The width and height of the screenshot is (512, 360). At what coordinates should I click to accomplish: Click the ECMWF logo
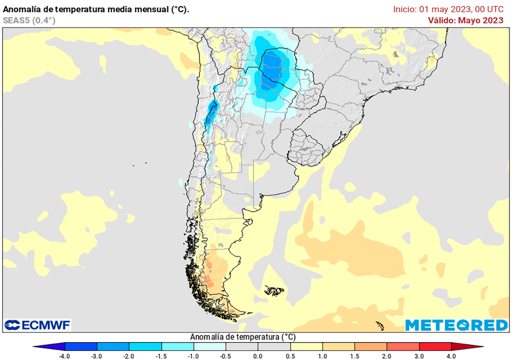37,325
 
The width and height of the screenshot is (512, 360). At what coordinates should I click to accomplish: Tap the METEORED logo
456,325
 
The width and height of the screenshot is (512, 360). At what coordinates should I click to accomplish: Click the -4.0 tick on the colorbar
65,355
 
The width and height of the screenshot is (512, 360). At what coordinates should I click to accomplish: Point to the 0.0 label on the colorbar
257,355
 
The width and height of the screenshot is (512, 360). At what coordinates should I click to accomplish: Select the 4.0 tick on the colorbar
451,355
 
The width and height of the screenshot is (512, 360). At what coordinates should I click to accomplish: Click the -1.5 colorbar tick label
161,355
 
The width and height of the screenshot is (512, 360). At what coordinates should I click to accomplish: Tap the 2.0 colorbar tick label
386,355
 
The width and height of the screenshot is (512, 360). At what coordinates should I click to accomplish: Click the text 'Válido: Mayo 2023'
465,20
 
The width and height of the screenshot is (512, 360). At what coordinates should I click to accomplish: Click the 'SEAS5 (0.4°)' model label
29,20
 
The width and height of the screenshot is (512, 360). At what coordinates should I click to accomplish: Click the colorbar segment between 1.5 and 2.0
370,346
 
